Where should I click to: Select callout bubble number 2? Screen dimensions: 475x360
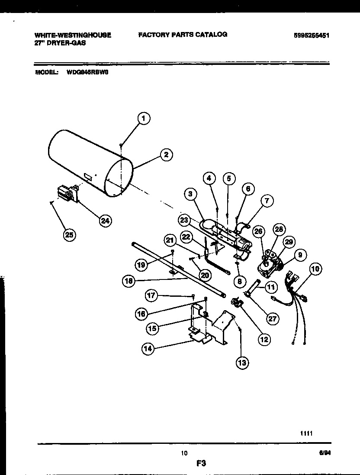(x=166, y=154)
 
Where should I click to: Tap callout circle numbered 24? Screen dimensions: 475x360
(x=104, y=220)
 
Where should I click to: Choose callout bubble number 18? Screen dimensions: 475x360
(x=129, y=281)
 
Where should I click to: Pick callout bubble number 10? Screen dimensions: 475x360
(x=315, y=269)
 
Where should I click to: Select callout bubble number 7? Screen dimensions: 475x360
(x=267, y=200)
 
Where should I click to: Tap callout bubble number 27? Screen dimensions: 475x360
(x=273, y=319)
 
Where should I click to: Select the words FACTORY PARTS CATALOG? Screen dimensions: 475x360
(x=183, y=34)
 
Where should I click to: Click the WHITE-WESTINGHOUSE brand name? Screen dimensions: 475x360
(x=73, y=35)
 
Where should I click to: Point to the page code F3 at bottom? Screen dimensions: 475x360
(x=200, y=463)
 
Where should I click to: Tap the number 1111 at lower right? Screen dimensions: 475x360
(x=306, y=433)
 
